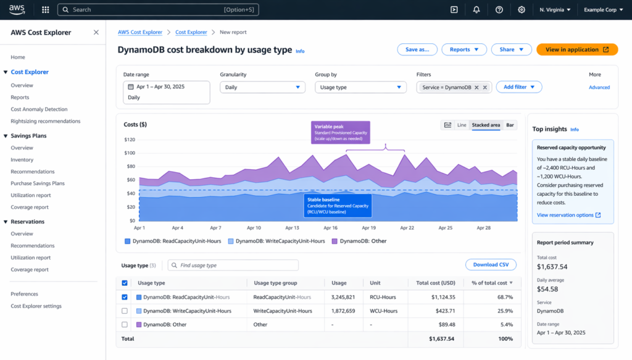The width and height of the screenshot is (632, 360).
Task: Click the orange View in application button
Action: coord(576,49)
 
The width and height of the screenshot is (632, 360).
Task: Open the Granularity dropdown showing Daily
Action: coord(262,87)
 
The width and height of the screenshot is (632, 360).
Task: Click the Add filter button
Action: coord(518,87)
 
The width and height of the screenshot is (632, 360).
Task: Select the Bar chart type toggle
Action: coord(510,125)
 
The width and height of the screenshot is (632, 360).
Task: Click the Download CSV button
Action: coord(490,265)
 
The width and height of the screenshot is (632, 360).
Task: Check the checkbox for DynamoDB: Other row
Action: coord(125,324)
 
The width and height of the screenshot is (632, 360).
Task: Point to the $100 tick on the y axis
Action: coord(130,154)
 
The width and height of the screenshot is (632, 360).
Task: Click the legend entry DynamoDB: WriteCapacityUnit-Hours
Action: coord(276,241)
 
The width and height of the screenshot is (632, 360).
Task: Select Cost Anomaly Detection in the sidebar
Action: coord(39,109)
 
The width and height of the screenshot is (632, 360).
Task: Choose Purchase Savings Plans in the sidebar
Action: coord(38,183)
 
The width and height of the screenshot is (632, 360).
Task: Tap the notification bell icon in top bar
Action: coord(476,10)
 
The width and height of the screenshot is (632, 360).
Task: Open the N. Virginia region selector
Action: coord(555,10)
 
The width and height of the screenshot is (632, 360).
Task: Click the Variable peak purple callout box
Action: coord(341,132)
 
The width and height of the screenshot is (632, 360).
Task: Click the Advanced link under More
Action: coord(599,87)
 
